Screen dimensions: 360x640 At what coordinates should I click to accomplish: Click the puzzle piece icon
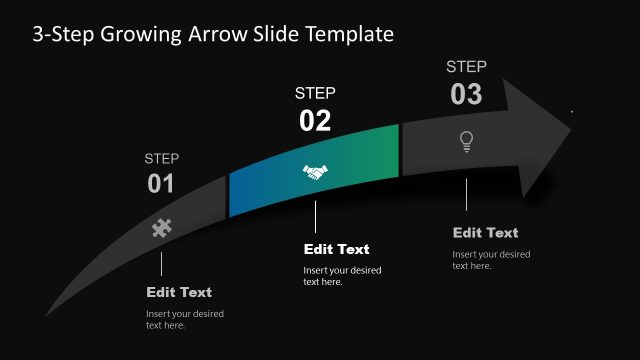pyautogui.click(x=161, y=228)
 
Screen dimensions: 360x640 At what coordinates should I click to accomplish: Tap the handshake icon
pyautogui.click(x=315, y=172)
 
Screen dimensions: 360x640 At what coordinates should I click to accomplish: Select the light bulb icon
pyautogui.click(x=466, y=142)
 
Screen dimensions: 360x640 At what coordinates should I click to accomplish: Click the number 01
pyautogui.click(x=161, y=184)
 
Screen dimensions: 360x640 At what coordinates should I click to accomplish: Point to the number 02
pyautogui.click(x=315, y=121)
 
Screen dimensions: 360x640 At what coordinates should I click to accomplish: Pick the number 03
pyautogui.click(x=466, y=95)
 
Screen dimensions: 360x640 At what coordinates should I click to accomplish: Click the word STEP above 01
pyautogui.click(x=161, y=158)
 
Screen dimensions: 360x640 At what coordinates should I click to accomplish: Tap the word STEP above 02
pyautogui.click(x=315, y=93)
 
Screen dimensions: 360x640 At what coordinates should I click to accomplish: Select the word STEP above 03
pyautogui.click(x=466, y=67)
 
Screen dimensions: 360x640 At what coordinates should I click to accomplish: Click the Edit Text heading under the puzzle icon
pyautogui.click(x=179, y=292)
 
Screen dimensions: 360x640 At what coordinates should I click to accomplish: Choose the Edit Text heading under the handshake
pyautogui.click(x=336, y=249)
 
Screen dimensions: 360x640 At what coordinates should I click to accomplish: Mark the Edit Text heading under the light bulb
pyautogui.click(x=485, y=233)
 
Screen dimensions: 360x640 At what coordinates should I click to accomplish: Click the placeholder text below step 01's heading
pyautogui.click(x=185, y=319)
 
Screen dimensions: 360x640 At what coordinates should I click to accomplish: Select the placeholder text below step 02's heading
pyautogui.click(x=342, y=276)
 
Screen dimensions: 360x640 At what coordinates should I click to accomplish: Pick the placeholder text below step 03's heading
pyautogui.click(x=491, y=259)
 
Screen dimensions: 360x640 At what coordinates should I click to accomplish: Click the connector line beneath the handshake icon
pyautogui.click(x=315, y=215)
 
